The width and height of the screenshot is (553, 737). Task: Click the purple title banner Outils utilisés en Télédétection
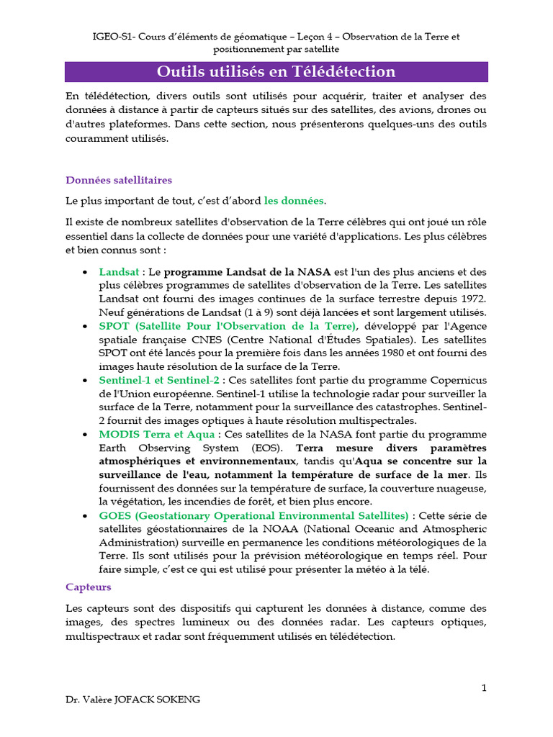click(276, 72)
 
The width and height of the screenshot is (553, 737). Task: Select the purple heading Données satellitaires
click(119, 180)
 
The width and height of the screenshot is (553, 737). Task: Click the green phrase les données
click(294, 201)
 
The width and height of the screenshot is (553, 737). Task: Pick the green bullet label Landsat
click(119, 272)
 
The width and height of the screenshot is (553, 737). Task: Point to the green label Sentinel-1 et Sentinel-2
click(159, 380)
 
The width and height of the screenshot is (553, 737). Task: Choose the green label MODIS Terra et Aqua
click(156, 434)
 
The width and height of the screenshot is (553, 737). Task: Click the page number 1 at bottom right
click(485, 687)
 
